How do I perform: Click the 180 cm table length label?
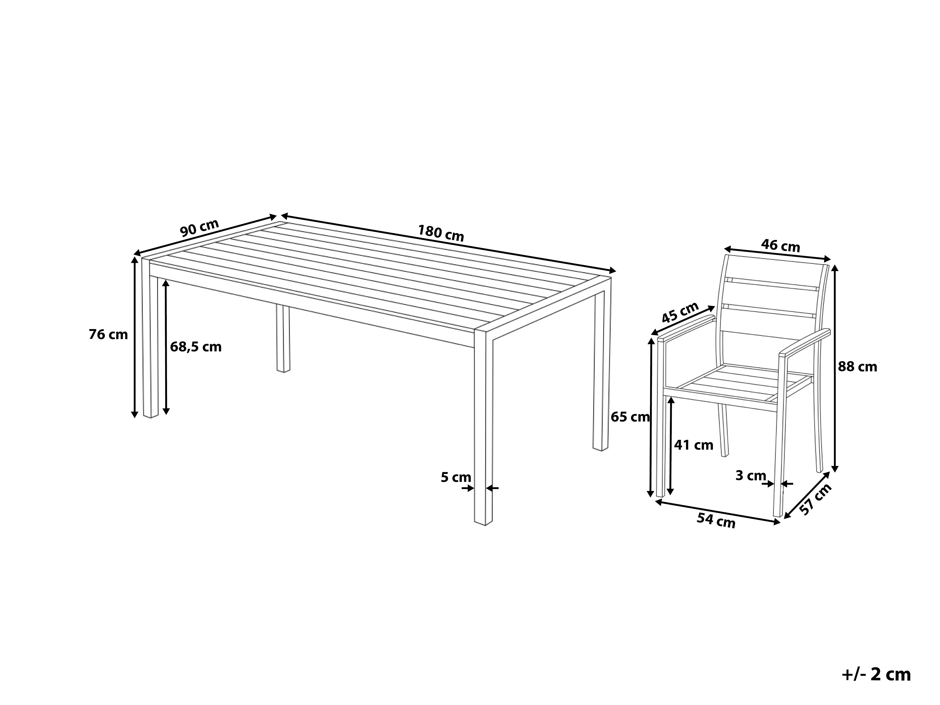pos(441,233)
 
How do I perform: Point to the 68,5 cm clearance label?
pos(196,347)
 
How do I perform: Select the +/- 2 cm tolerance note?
pos(876,674)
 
